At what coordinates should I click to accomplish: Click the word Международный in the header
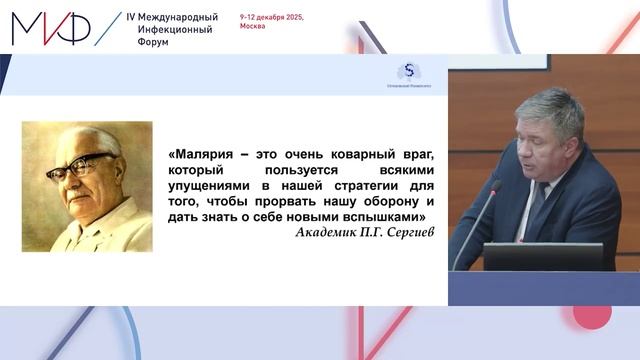(x=179, y=18)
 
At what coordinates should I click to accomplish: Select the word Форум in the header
(x=154, y=43)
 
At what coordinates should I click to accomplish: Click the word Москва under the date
(x=254, y=28)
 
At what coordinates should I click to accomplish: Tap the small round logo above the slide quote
(x=407, y=71)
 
